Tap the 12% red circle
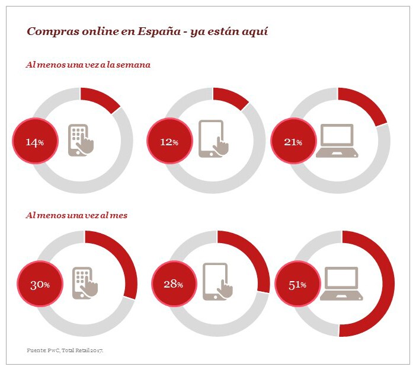pos(169,142)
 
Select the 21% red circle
pos(292,142)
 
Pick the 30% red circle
pos(40,284)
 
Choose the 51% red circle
pos(297,285)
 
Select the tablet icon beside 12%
pos(213,139)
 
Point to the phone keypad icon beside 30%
pos(85,282)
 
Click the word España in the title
pos(160,31)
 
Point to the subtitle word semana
pos(134,65)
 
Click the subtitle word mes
pos(119,215)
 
